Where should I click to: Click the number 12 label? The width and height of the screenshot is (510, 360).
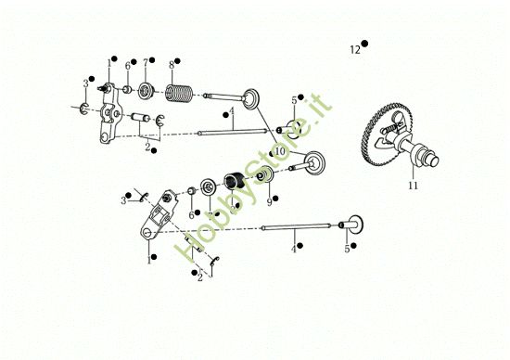pyautogui.click(x=355, y=50)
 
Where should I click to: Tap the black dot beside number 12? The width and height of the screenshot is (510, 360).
pyautogui.click(x=364, y=44)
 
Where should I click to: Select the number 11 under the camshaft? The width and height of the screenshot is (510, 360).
pyautogui.click(x=413, y=186)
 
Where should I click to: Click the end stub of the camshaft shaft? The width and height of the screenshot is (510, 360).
pyautogui.click(x=433, y=161)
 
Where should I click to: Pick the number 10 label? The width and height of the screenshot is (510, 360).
pyautogui.click(x=280, y=151)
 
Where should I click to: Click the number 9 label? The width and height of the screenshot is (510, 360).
pyautogui.click(x=269, y=202)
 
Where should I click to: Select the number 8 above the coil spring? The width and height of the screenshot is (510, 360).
pyautogui.click(x=172, y=65)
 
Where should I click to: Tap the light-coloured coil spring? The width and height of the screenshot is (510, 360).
pyautogui.click(x=179, y=93)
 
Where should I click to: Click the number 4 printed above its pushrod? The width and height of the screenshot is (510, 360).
pyautogui.click(x=231, y=112)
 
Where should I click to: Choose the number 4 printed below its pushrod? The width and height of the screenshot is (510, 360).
pyautogui.click(x=294, y=250)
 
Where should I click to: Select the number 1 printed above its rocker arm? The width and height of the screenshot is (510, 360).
pyautogui.click(x=109, y=63)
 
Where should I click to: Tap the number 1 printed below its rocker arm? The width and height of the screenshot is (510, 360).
pyautogui.click(x=149, y=260)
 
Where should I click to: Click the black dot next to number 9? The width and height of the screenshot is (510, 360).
pyautogui.click(x=275, y=198)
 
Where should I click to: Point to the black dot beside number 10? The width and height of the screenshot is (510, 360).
pyautogui.click(x=272, y=154)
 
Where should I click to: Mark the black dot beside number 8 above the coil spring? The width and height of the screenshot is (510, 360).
pyautogui.click(x=177, y=61)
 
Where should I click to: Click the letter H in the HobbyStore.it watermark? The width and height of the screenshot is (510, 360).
pyautogui.click(x=185, y=251)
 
